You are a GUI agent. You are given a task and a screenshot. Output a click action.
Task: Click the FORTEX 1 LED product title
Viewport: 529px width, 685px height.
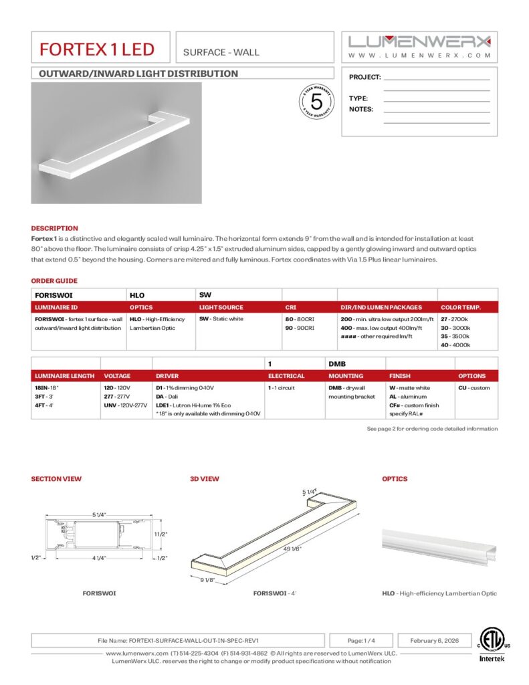pyautogui.click(x=96, y=49)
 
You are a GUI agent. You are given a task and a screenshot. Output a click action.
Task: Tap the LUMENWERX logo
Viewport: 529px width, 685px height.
pyautogui.click(x=420, y=41)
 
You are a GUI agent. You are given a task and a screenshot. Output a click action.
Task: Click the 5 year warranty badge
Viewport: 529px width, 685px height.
pyautogui.click(x=317, y=102)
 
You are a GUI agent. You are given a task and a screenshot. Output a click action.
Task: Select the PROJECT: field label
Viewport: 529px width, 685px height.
pyautogui.click(x=365, y=78)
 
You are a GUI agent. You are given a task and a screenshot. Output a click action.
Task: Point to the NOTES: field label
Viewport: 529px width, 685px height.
pyautogui.click(x=361, y=109)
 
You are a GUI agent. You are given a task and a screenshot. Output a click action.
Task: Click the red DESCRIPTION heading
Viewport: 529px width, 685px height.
pyautogui.click(x=54, y=228)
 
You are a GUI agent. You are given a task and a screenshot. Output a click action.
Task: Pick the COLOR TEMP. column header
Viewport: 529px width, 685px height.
pyautogui.click(x=461, y=307)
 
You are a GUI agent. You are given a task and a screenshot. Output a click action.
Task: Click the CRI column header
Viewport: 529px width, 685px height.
pyautogui.click(x=291, y=307)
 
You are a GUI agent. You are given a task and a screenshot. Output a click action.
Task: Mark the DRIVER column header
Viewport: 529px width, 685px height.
pyautogui.click(x=167, y=376)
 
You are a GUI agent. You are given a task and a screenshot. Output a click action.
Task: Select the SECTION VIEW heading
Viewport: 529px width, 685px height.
pyautogui.click(x=56, y=479)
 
